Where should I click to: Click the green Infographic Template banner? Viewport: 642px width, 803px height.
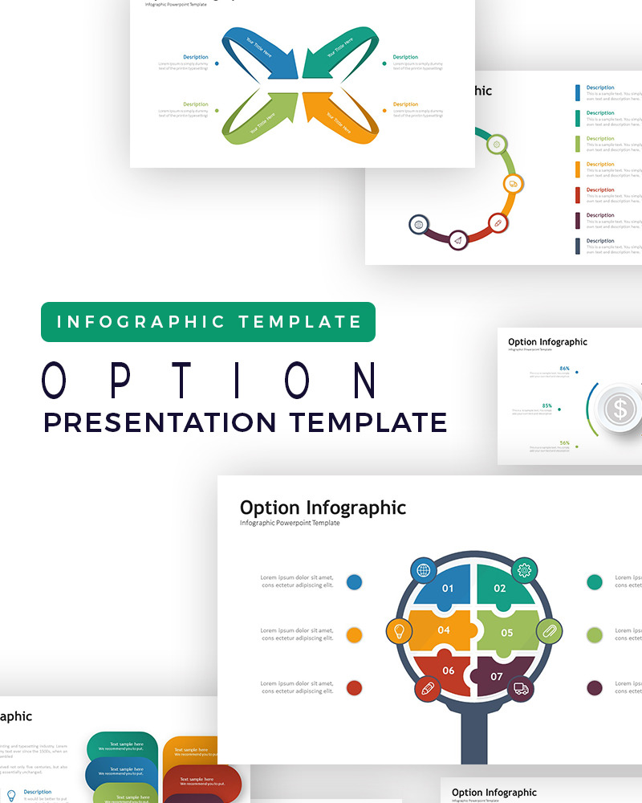[x=208, y=322]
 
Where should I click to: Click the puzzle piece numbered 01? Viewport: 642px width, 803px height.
[x=446, y=589]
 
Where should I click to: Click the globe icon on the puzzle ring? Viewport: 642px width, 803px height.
[x=423, y=570]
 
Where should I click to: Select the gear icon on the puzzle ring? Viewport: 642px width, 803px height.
[x=525, y=570]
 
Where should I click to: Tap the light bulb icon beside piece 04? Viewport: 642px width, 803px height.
[x=399, y=631]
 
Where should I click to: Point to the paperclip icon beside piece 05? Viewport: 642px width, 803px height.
[x=549, y=631]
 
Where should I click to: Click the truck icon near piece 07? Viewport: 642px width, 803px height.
[x=521, y=688]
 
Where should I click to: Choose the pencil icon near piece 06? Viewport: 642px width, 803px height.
[x=428, y=688]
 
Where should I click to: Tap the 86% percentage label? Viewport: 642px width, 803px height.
[x=565, y=369]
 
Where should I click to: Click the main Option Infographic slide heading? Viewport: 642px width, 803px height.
[x=323, y=507]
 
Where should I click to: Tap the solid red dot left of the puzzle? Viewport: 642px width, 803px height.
[x=354, y=688]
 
